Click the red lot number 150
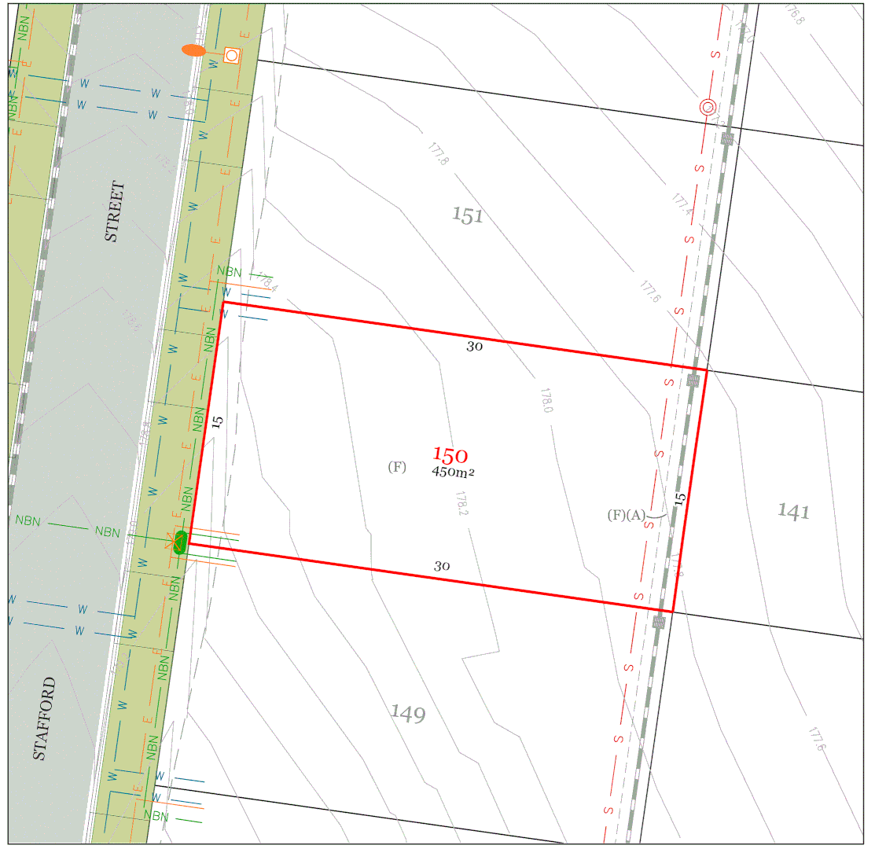pos(450,455)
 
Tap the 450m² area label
pos(453,472)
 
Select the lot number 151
pos(468,215)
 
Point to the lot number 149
pos(408,714)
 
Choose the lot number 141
pos(793,512)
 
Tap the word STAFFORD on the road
pos(46,718)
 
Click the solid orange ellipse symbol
pos(193,50)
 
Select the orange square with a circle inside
pos(231,55)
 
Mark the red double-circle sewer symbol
pos(708,107)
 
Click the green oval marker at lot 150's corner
pos(181,542)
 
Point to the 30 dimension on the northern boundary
pos(474,346)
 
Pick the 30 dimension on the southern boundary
pos(442,566)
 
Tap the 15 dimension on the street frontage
pos(218,421)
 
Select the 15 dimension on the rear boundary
pos(681,498)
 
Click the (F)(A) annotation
pos(627,516)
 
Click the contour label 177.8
pos(438,153)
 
